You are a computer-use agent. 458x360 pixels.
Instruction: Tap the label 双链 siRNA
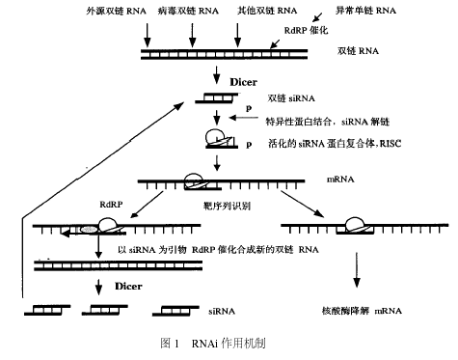(278, 99)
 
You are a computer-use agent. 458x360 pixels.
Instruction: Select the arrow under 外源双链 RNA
(146, 33)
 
